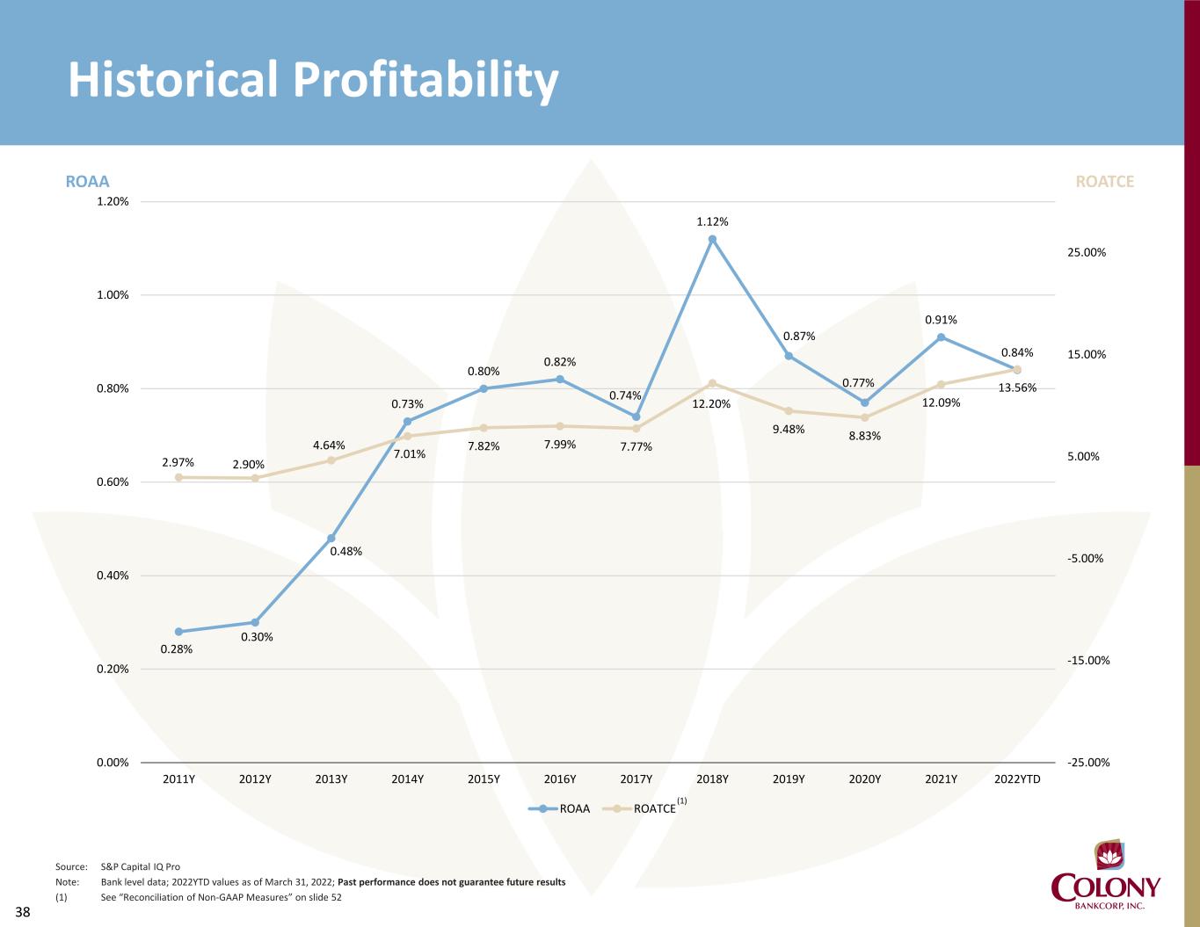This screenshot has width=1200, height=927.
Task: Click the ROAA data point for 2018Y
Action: click(x=712, y=239)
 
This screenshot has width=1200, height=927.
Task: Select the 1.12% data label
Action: click(x=712, y=221)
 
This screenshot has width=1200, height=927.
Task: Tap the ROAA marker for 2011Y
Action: click(x=179, y=632)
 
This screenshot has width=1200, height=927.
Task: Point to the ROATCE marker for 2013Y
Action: click(x=331, y=460)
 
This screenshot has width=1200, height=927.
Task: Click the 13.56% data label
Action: click(x=1018, y=387)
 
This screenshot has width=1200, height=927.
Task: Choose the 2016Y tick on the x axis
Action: click(x=560, y=779)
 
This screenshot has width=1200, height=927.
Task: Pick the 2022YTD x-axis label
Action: click(x=1017, y=779)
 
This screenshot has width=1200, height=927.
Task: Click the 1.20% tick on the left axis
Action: click(x=112, y=201)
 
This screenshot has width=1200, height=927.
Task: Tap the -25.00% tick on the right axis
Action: click(x=1088, y=763)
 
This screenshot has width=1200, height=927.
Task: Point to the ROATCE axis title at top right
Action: click(x=1105, y=182)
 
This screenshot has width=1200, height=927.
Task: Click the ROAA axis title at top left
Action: click(x=88, y=182)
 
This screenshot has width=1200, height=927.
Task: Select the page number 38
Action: click(x=22, y=913)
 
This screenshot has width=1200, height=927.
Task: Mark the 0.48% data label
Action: click(x=345, y=552)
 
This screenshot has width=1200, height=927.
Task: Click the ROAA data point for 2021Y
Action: click(x=941, y=337)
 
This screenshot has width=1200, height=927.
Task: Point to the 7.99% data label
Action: click(x=560, y=445)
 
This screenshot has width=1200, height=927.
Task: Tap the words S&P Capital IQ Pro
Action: click(x=141, y=866)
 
